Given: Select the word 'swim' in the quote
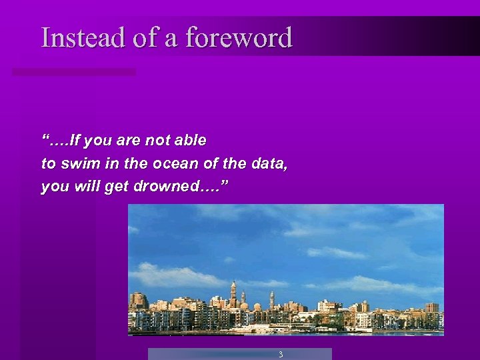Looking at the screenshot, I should tap(73, 163).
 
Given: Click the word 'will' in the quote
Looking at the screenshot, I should tap(87, 187).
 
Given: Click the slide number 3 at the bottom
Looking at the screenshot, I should tap(281, 355).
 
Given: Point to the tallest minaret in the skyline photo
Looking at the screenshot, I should tap(233, 293).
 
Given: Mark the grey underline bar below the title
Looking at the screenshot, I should tap(74, 71).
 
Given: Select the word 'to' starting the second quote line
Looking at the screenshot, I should tap(48, 163).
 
